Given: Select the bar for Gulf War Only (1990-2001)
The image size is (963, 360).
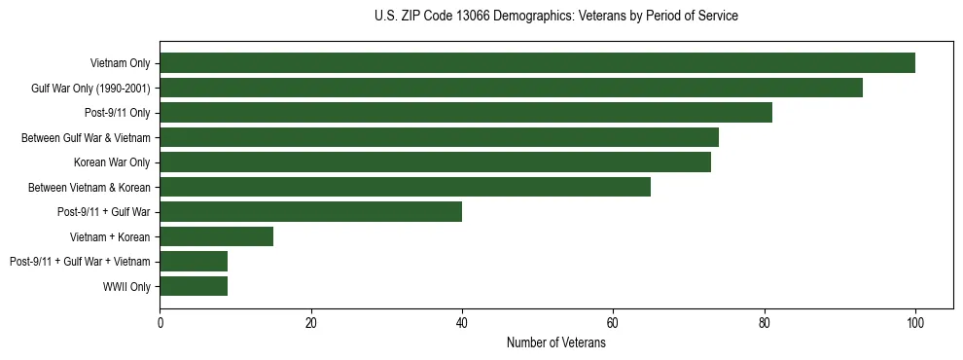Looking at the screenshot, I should (511, 88).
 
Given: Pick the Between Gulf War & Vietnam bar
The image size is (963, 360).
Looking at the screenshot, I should (439, 137).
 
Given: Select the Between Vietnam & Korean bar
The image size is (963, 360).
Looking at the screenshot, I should (405, 187).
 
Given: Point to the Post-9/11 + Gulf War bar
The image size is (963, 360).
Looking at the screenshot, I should (310, 211).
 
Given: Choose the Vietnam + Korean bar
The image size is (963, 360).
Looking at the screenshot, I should (216, 236).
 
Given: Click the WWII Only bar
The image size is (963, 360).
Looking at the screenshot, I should (194, 286).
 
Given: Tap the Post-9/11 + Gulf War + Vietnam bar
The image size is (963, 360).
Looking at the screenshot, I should (194, 261).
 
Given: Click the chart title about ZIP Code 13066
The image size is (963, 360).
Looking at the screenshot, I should (555, 17).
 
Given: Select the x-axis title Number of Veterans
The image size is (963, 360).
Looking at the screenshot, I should (555, 343).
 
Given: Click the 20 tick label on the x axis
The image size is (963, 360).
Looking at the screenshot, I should (310, 323).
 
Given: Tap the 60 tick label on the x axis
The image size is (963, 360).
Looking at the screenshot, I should (613, 323).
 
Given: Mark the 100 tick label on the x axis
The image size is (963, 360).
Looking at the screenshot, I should (915, 323).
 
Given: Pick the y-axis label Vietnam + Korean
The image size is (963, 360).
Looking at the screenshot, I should (109, 236).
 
